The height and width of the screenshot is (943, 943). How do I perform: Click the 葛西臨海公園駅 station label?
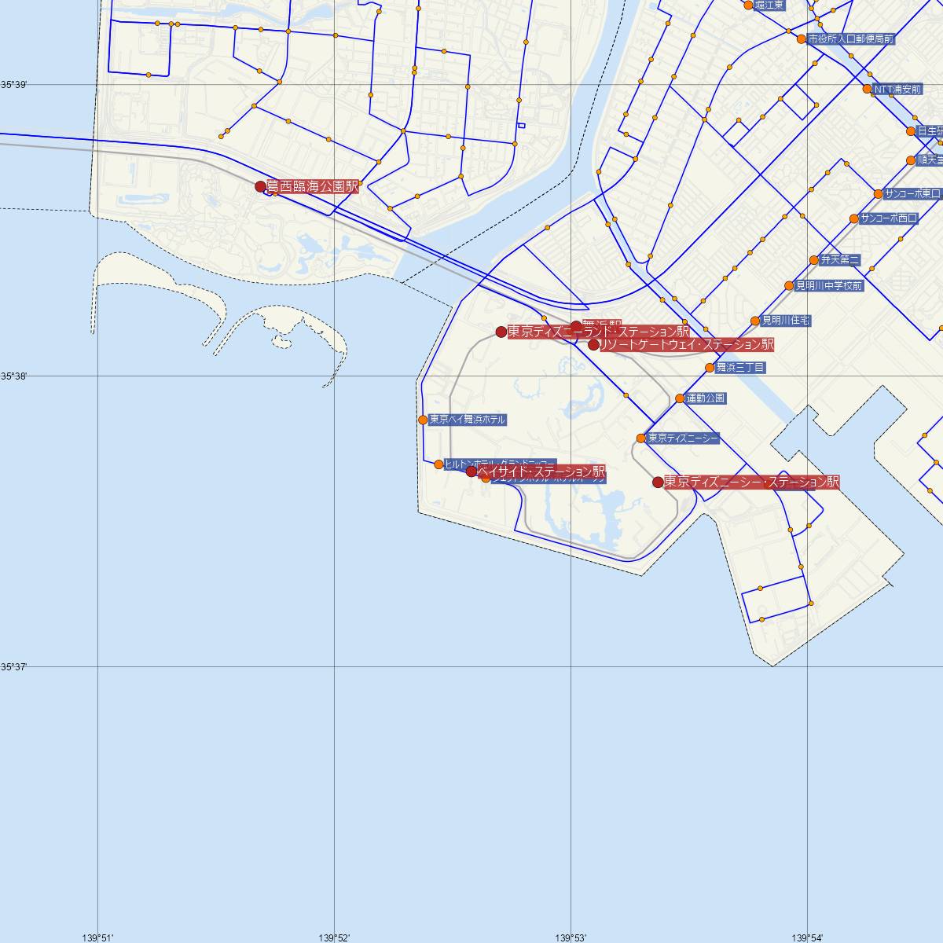pyautogui.click(x=312, y=187)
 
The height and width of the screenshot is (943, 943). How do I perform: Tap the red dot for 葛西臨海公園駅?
pyautogui.click(x=261, y=187)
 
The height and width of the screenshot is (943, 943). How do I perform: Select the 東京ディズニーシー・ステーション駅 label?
pyautogui.click(x=751, y=482)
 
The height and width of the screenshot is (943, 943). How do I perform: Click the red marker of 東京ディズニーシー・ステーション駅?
pyautogui.click(x=659, y=482)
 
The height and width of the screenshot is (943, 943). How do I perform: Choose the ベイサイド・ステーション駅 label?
pyautogui.click(x=541, y=472)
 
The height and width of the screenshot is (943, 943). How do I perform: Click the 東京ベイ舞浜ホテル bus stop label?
pyautogui.click(x=468, y=420)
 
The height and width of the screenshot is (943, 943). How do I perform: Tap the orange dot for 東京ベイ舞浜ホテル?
pyautogui.click(x=423, y=420)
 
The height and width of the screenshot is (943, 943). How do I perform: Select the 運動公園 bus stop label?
pyautogui.click(x=706, y=398)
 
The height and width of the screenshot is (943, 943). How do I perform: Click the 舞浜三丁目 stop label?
pyautogui.click(x=740, y=367)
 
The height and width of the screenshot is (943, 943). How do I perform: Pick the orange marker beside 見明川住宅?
pyautogui.click(x=755, y=321)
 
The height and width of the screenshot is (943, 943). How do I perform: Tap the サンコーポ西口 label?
pyautogui.click(x=889, y=218)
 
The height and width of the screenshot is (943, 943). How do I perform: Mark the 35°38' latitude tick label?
pyautogui.click(x=14, y=376)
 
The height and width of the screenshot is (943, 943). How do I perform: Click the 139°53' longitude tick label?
pyautogui.click(x=571, y=937)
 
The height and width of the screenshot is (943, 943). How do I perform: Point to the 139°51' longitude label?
pyautogui.click(x=97, y=937)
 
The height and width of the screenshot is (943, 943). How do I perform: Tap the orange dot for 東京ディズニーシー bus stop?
pyautogui.click(x=641, y=438)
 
